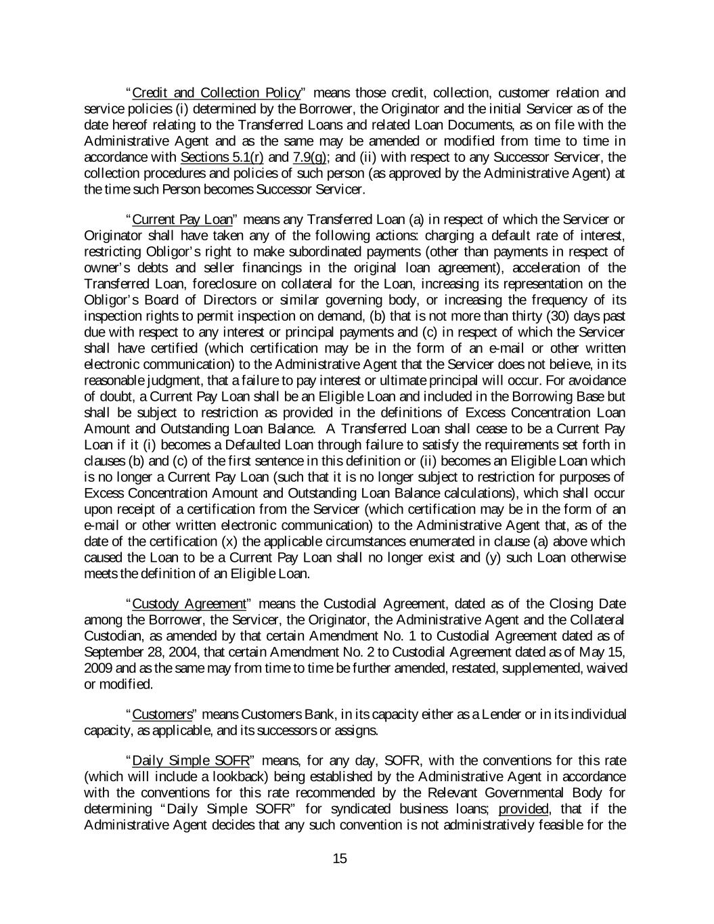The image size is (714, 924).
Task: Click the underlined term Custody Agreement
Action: point(189,604)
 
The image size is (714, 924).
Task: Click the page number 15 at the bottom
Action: point(340,859)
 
